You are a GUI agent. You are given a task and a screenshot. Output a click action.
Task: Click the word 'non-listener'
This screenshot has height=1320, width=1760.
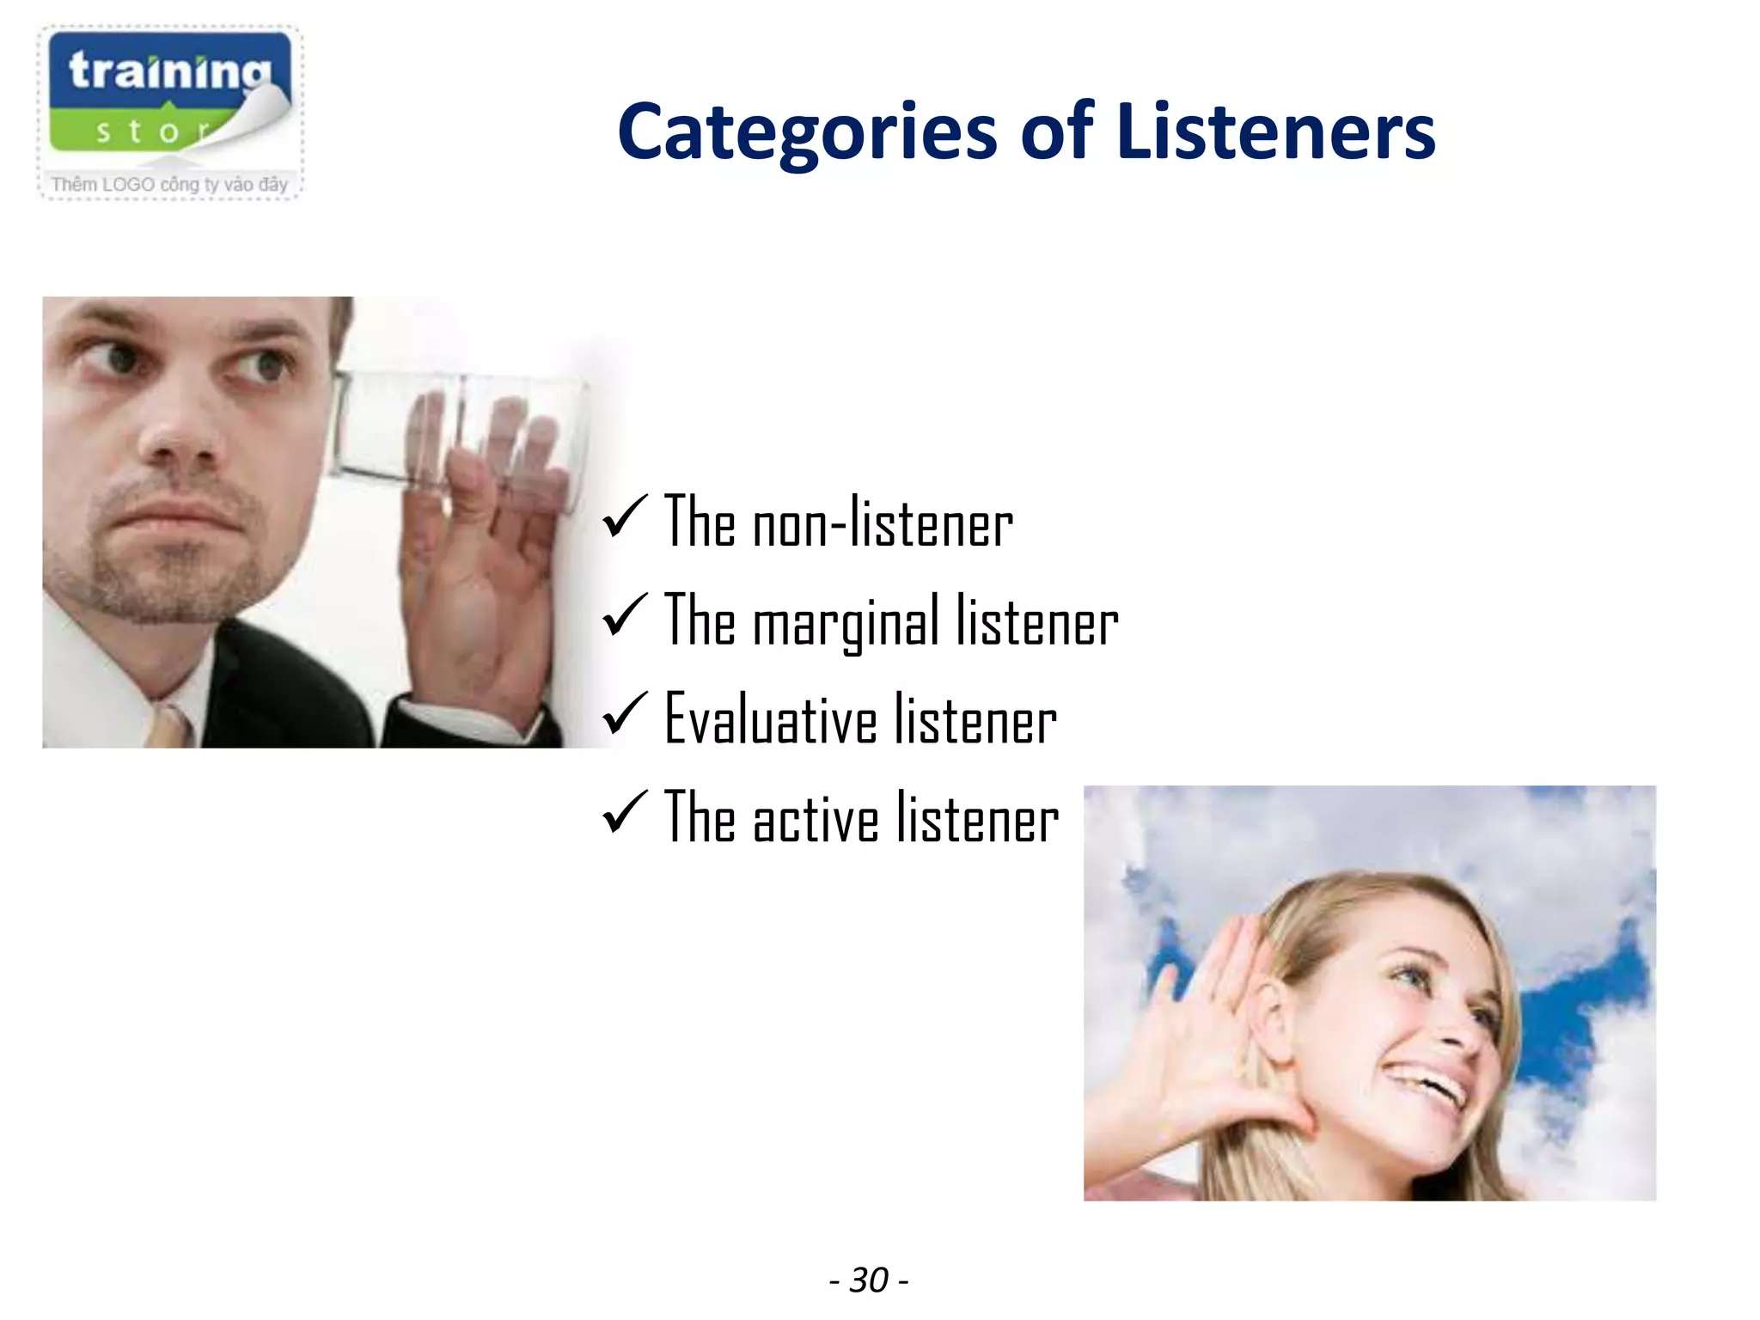point(883,523)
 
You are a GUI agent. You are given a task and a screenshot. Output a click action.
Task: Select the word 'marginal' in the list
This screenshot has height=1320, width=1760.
point(846,623)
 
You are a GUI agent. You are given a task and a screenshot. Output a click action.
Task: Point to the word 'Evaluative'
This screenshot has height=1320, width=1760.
point(770,719)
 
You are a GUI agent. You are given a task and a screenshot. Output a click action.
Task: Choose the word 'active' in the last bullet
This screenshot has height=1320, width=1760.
point(816,819)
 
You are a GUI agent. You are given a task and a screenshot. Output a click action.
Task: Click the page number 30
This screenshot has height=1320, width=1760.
point(869,1280)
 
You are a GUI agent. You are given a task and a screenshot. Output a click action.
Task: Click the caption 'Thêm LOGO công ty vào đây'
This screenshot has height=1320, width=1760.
point(169,184)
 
